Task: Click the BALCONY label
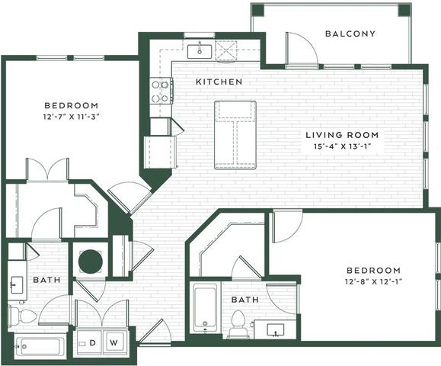(x=350, y=34)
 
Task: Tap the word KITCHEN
(x=219, y=82)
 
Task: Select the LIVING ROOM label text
(x=342, y=135)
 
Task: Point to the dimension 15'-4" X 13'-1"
(x=342, y=146)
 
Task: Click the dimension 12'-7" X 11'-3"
(x=72, y=117)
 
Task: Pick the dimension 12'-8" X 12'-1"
(x=374, y=281)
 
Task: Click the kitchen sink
(x=200, y=52)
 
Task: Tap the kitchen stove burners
(x=160, y=91)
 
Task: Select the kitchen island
(x=235, y=135)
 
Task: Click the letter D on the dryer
(x=92, y=342)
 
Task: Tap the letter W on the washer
(x=113, y=342)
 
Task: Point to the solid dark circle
(x=91, y=261)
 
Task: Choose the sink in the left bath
(x=16, y=285)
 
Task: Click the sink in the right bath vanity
(x=276, y=329)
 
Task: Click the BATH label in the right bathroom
(x=245, y=300)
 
